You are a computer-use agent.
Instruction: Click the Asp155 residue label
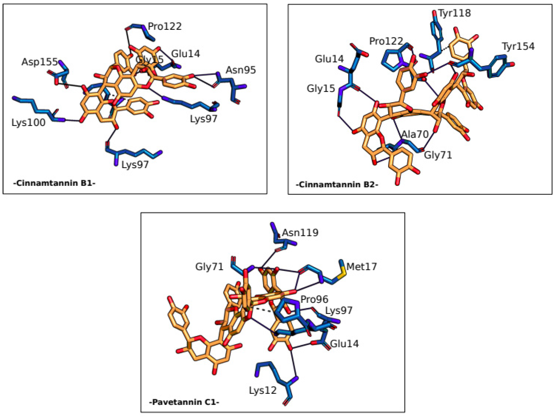39,62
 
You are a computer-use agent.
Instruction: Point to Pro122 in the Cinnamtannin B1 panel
165,26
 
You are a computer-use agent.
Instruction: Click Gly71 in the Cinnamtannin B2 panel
438,155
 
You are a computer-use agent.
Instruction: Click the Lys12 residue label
263,390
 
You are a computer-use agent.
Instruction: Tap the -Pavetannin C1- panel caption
184,402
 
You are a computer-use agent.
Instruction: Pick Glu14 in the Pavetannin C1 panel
344,343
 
